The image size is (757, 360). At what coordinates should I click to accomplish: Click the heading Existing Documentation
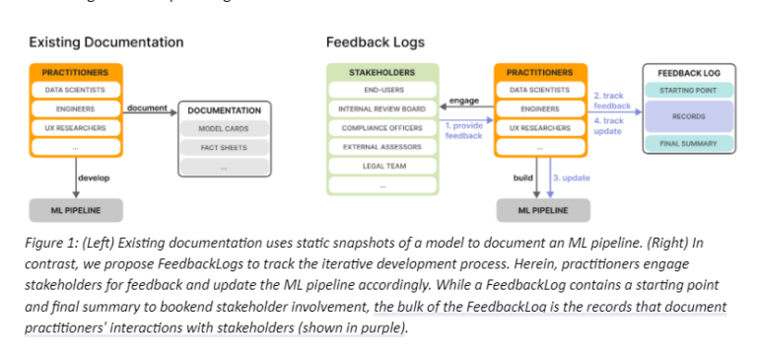[x=105, y=42]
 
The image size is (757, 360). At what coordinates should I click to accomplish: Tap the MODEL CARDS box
[x=224, y=128]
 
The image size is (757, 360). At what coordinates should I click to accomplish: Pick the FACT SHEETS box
[x=224, y=148]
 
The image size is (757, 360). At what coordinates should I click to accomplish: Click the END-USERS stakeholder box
[x=381, y=90]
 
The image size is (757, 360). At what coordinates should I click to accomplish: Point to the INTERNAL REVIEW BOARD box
[x=381, y=108]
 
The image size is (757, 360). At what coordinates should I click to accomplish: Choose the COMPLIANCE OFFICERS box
[x=381, y=127]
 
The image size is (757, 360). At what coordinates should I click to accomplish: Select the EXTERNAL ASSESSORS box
[x=381, y=146]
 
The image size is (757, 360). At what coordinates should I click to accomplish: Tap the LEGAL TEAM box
[x=381, y=166]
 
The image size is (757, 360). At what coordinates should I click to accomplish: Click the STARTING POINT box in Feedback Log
[x=688, y=91]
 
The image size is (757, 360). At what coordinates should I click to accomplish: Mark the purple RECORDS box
[x=688, y=116]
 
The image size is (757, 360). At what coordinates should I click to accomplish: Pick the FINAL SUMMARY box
[x=688, y=144]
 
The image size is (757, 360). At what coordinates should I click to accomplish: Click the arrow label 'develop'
[x=96, y=179]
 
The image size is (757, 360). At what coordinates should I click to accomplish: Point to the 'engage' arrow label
[x=463, y=101]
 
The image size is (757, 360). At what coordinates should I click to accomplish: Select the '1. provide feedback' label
[x=463, y=130]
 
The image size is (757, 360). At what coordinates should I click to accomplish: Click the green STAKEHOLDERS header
[x=381, y=72]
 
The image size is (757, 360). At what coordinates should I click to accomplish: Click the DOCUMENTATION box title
[x=224, y=109]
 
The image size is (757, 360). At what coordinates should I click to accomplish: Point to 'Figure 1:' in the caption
[x=52, y=242]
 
